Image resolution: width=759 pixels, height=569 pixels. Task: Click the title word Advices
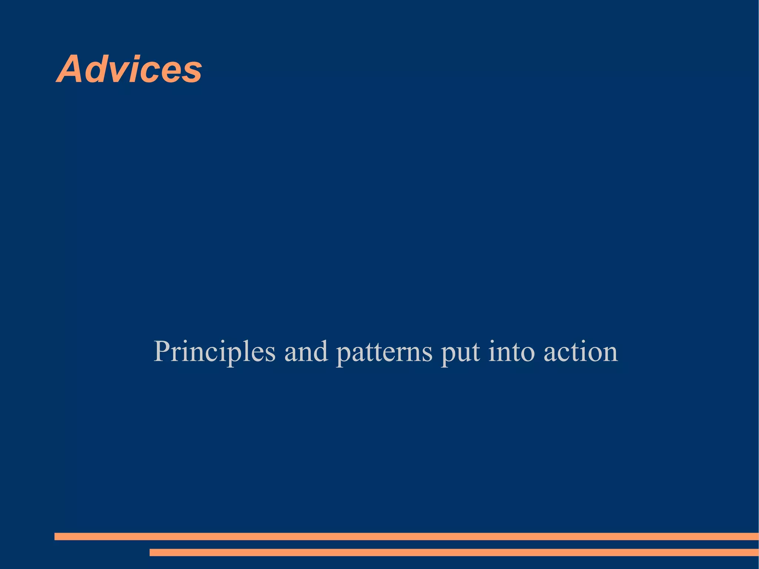(129, 69)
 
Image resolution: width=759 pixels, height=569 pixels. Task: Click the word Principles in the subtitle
(215, 351)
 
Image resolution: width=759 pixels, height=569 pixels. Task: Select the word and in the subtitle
(306, 351)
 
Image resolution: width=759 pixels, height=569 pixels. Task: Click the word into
(511, 351)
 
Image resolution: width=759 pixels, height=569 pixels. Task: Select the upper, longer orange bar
(406, 536)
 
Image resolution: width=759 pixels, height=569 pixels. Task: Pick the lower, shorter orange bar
(454, 552)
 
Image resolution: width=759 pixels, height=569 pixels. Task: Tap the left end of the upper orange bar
(56, 536)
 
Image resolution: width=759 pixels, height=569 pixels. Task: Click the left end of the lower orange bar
(152, 552)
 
